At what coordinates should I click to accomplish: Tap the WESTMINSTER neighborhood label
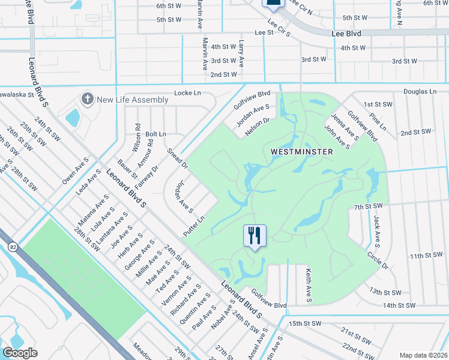point(301,152)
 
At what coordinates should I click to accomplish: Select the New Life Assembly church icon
point(88,98)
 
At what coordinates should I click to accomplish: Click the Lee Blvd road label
point(346,34)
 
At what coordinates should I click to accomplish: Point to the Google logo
point(20,352)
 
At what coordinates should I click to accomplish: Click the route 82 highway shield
point(13,247)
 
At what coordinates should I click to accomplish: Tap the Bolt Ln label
point(155,134)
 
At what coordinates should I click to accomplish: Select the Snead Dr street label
point(178,158)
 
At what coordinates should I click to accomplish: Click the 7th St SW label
point(368,206)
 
